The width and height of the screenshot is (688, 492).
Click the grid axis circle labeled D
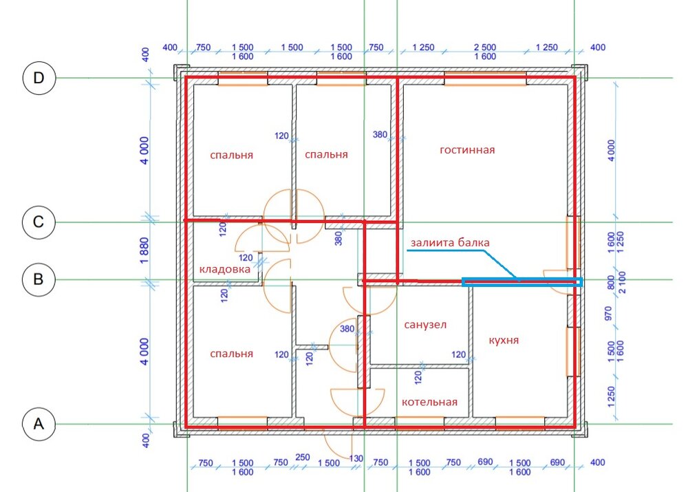(39, 78)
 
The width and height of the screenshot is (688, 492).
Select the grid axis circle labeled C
(39, 222)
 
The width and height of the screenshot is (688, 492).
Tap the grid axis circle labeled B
(39, 279)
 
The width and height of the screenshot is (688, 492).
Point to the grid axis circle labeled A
(39, 424)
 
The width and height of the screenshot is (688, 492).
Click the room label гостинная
(467, 150)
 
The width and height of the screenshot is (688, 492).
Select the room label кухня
(504, 340)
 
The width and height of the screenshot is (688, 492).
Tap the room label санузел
(425, 325)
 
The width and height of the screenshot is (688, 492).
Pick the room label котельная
(429, 402)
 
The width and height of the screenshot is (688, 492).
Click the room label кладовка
(225, 269)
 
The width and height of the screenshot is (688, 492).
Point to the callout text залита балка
(450, 242)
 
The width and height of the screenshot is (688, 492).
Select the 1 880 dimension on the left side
(144, 250)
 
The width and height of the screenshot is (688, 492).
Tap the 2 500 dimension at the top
(485, 47)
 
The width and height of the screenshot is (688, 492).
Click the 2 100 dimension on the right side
(622, 282)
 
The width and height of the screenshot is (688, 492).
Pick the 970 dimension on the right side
(608, 313)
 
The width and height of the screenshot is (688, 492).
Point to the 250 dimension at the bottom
(302, 457)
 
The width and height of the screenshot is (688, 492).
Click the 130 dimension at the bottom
(356, 458)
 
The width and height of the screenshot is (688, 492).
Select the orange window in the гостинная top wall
(485, 78)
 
